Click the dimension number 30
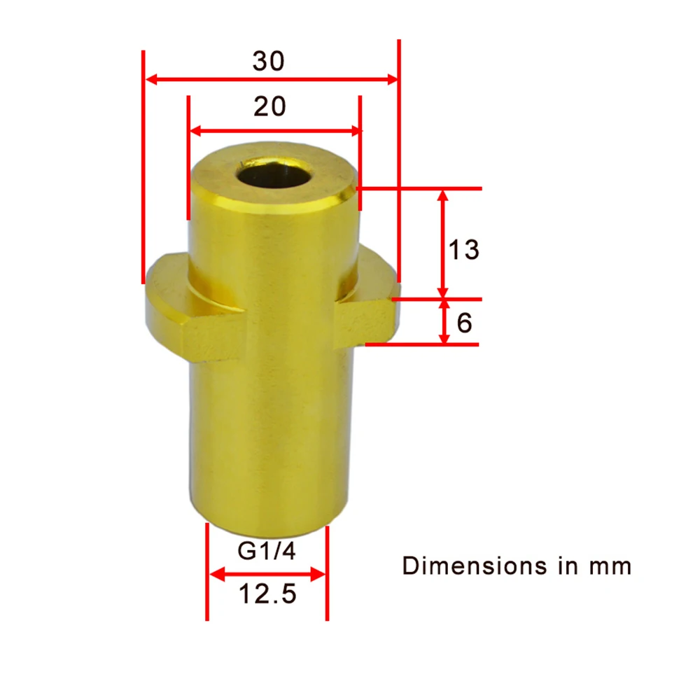tap(269, 62)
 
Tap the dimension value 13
tap(463, 250)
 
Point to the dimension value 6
tap(465, 323)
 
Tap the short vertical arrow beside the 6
tap(444, 321)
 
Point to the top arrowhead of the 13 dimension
tap(442, 196)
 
